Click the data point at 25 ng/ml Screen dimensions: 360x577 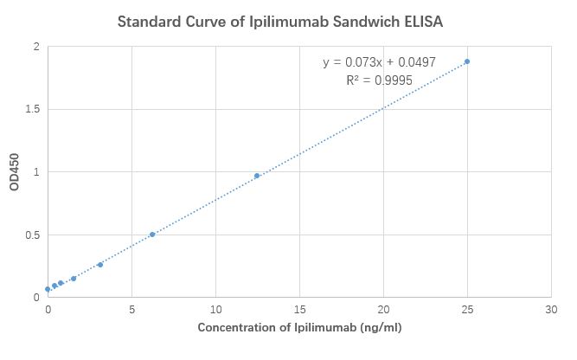tap(467, 61)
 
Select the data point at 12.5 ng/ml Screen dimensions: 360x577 tap(257, 176)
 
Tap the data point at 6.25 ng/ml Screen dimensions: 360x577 tap(152, 235)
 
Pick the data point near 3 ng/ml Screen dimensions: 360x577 tap(100, 265)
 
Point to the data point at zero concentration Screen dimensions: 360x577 tap(48, 289)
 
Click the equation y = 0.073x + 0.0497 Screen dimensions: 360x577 tap(378, 62)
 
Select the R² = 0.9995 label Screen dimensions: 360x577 tap(379, 80)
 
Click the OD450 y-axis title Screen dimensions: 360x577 tap(15, 173)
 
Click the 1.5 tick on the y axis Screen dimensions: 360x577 tap(32, 109)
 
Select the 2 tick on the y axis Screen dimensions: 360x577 tap(36, 47)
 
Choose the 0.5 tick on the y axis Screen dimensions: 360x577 tap(32, 235)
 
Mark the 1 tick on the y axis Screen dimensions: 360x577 tap(36, 172)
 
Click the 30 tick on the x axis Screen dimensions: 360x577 tap(551, 308)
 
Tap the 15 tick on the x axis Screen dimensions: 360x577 tap(299, 308)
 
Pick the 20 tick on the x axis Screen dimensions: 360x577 tap(383, 308)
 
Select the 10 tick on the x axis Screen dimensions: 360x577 tap(215, 308)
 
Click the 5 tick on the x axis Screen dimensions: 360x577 tap(131, 308)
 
